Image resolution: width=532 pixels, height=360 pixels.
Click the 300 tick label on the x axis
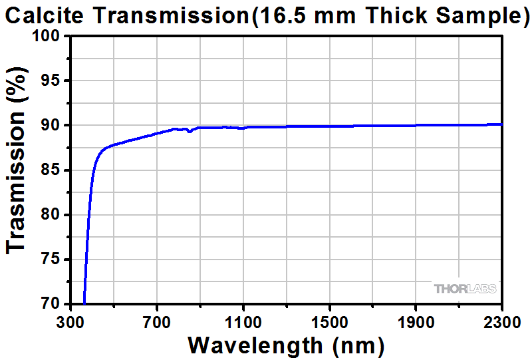click(x=70, y=321)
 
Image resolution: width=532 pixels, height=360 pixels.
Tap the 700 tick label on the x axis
click(x=156, y=321)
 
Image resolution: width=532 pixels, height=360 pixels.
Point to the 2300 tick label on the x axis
click(x=501, y=321)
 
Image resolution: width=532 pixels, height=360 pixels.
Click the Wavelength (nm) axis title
click(x=286, y=345)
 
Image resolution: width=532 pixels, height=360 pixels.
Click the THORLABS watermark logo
click(x=465, y=289)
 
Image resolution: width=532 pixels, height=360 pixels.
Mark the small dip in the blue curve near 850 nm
click(x=190, y=131)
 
